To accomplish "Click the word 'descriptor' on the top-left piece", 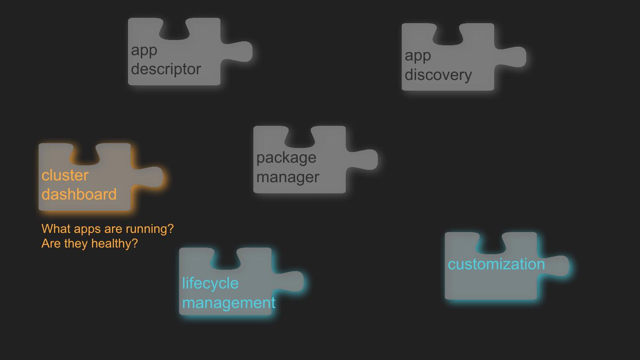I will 166,69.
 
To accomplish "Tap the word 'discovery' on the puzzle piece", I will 438,75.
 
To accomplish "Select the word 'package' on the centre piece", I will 286,157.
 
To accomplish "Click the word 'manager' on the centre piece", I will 288,177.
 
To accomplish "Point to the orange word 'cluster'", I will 65,175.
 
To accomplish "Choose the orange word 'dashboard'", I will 79,194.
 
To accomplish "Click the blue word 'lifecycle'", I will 210,283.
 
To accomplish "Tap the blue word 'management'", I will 228,303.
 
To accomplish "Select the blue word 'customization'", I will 496,264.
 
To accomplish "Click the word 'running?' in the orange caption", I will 150,229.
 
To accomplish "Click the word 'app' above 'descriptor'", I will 144,50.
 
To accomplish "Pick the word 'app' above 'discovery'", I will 418,56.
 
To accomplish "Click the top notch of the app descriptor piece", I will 174,29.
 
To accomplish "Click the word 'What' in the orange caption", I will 56,229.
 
